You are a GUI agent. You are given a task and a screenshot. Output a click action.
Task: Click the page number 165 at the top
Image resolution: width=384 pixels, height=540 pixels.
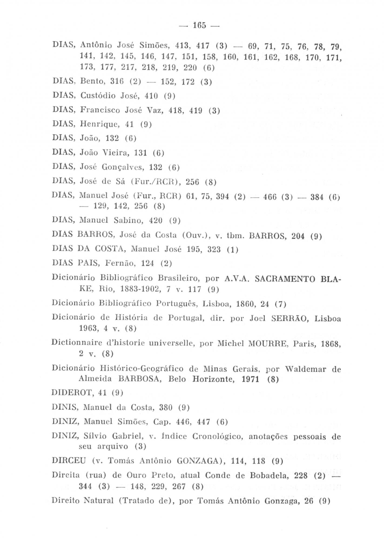pos(200,25)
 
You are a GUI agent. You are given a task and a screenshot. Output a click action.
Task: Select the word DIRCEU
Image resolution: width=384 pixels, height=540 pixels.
pos(69,461)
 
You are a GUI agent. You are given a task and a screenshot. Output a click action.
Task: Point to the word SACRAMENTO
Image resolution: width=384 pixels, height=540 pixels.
pos(285,278)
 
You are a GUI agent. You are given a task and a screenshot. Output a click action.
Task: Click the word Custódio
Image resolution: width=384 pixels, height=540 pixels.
pos(98,96)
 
